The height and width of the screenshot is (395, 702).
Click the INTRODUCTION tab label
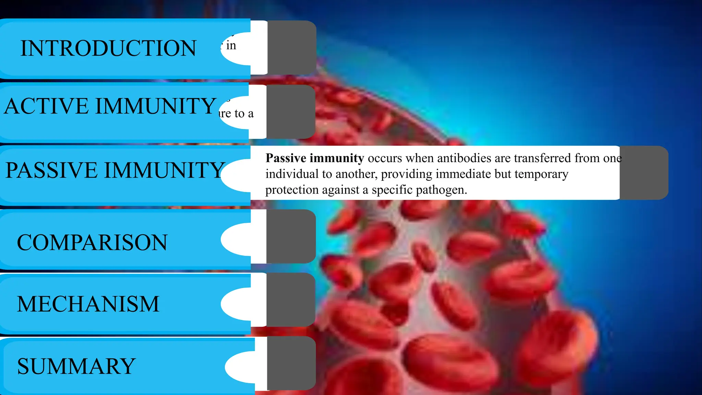pos(108,48)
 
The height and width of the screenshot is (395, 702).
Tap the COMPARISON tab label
pos(92,242)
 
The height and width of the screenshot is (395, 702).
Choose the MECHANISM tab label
pos(88,304)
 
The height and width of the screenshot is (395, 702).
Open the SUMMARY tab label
pos(76,366)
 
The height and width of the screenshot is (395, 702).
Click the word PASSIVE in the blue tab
pos(51,170)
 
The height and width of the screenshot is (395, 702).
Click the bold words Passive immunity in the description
pos(314,158)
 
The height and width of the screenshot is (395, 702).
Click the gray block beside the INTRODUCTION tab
pos(291,47)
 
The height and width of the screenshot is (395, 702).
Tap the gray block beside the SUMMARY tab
pos(291,363)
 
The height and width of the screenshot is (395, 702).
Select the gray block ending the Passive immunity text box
pos(644,172)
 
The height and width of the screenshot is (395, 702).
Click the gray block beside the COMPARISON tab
pos(291,236)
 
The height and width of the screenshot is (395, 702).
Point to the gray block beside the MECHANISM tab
pos(291,300)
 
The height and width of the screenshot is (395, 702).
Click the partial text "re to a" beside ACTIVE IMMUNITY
pos(237,113)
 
